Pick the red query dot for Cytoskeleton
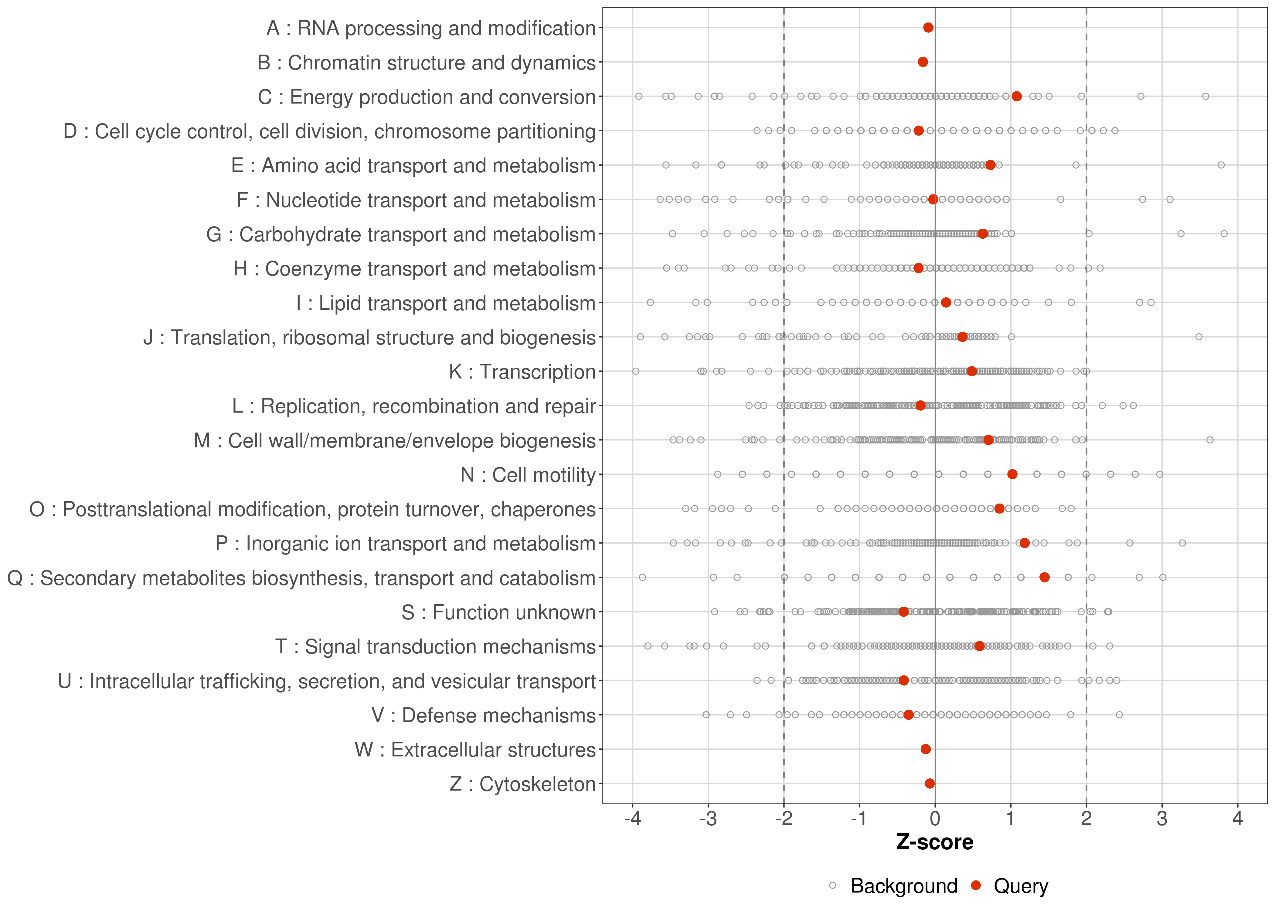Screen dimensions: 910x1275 [930, 784]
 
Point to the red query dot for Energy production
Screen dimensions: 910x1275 [1017, 96]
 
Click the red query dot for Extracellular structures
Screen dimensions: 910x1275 [926, 749]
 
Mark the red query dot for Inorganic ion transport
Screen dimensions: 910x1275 [1024, 543]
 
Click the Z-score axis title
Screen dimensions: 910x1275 [935, 842]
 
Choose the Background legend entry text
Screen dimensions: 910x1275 [904, 886]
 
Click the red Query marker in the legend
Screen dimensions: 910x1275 [976, 885]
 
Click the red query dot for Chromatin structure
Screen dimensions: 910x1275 [923, 62]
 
